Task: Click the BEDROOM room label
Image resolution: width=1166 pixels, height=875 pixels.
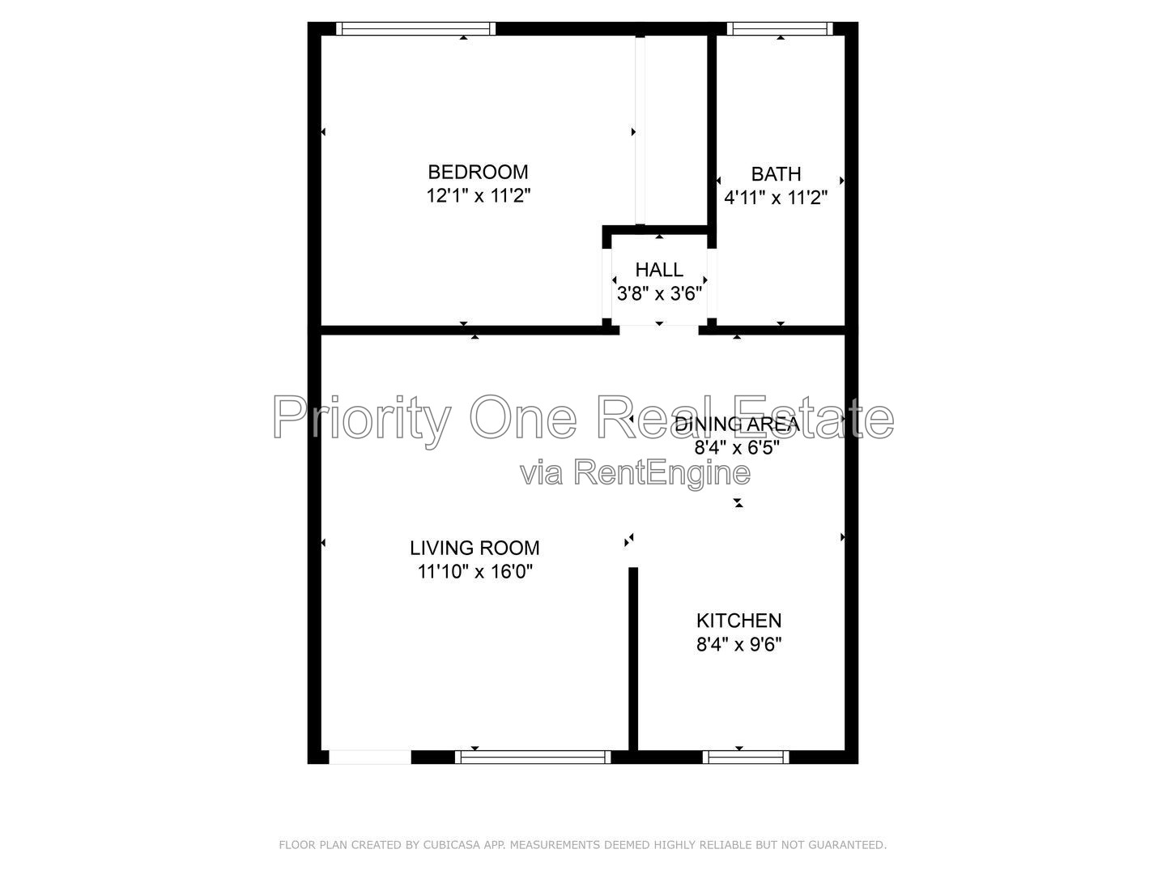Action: pyautogui.click(x=478, y=172)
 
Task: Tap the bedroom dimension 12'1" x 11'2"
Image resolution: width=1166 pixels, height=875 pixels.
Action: pyautogui.click(x=478, y=196)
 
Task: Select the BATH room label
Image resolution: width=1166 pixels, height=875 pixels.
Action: pyautogui.click(x=776, y=174)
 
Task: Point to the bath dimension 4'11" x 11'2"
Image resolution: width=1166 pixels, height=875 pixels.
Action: pyautogui.click(x=776, y=198)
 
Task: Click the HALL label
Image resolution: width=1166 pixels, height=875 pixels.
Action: pyautogui.click(x=658, y=270)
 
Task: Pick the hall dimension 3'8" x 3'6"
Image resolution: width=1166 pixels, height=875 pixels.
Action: pyautogui.click(x=659, y=293)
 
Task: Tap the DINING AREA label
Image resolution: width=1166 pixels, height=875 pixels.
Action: pyautogui.click(x=738, y=424)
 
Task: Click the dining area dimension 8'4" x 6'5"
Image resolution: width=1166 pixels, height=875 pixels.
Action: pyautogui.click(x=737, y=448)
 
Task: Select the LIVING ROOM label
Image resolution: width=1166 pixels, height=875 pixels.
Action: pyautogui.click(x=474, y=548)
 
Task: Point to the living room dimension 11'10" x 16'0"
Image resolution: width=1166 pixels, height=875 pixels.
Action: pyautogui.click(x=474, y=572)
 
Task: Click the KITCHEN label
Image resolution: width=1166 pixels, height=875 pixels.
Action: pyautogui.click(x=738, y=621)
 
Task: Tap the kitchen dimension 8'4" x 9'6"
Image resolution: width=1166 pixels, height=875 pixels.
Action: pyautogui.click(x=738, y=644)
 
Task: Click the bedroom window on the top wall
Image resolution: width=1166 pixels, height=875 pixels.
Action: pyautogui.click(x=415, y=28)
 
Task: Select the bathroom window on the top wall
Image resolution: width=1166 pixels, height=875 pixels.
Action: pyautogui.click(x=779, y=28)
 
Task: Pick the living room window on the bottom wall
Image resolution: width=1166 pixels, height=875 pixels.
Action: pyautogui.click(x=533, y=757)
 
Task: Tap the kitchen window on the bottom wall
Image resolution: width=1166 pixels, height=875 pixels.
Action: pyautogui.click(x=745, y=757)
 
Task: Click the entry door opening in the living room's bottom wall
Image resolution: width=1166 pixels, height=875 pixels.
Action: pyautogui.click(x=370, y=757)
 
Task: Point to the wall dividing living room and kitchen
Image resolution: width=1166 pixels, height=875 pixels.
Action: pyautogui.click(x=632, y=659)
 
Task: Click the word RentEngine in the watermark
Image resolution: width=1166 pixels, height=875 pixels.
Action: pyautogui.click(x=662, y=473)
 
